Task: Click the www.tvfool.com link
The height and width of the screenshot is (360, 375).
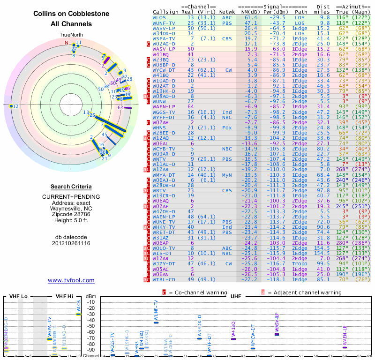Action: coord(71,280)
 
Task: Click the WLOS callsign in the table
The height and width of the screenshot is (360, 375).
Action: coord(159,17)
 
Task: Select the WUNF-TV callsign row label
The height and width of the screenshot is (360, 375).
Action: coord(164,22)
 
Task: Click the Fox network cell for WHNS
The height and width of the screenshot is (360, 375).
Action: coord(227,127)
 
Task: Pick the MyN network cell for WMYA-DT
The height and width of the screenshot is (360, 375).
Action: coord(227,174)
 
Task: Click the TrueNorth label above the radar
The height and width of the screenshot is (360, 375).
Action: coord(71,35)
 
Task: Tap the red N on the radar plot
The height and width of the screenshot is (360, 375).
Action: coord(67,43)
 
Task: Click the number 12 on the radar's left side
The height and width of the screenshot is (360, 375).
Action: coord(16,106)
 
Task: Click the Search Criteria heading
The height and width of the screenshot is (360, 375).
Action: coord(71,187)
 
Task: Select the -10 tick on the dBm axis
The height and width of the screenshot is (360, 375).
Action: coord(90,302)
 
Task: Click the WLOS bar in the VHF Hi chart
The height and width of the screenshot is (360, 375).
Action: coord(79,314)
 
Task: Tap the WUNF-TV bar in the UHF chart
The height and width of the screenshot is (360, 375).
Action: coord(156,322)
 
